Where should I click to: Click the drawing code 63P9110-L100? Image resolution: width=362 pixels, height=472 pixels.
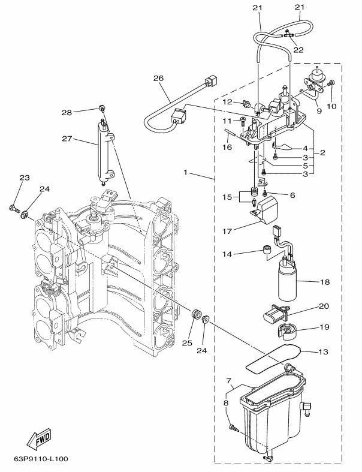[41, 459]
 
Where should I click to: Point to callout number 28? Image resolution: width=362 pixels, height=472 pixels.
[83, 112]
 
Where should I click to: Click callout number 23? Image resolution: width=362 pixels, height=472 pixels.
[24, 178]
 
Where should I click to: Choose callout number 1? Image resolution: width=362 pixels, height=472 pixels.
[187, 173]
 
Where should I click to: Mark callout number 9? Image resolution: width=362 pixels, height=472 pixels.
[319, 110]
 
